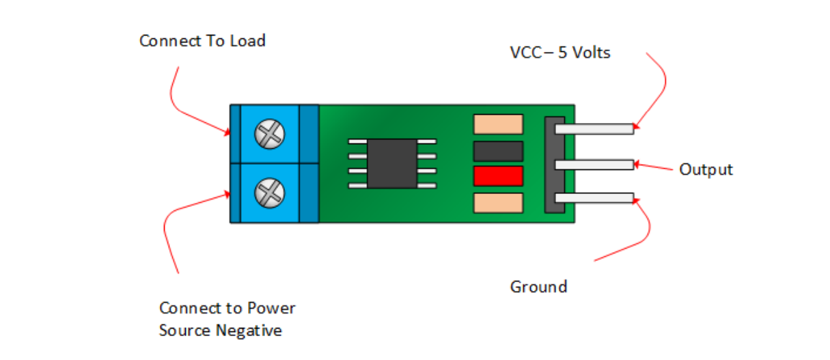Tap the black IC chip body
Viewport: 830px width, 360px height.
(x=392, y=163)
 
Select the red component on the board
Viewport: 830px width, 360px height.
(x=498, y=176)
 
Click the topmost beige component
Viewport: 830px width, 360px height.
(x=498, y=124)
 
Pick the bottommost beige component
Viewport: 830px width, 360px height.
(x=498, y=203)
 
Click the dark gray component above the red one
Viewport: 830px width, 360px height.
(x=498, y=150)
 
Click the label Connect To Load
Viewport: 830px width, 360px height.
(x=202, y=41)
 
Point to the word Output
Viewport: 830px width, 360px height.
(x=706, y=169)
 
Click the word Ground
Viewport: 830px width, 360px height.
(x=538, y=286)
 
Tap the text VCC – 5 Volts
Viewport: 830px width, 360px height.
(x=560, y=53)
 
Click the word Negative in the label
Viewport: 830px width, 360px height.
(x=249, y=331)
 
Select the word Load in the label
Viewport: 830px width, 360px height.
(x=247, y=41)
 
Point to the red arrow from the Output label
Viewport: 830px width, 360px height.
(x=654, y=166)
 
